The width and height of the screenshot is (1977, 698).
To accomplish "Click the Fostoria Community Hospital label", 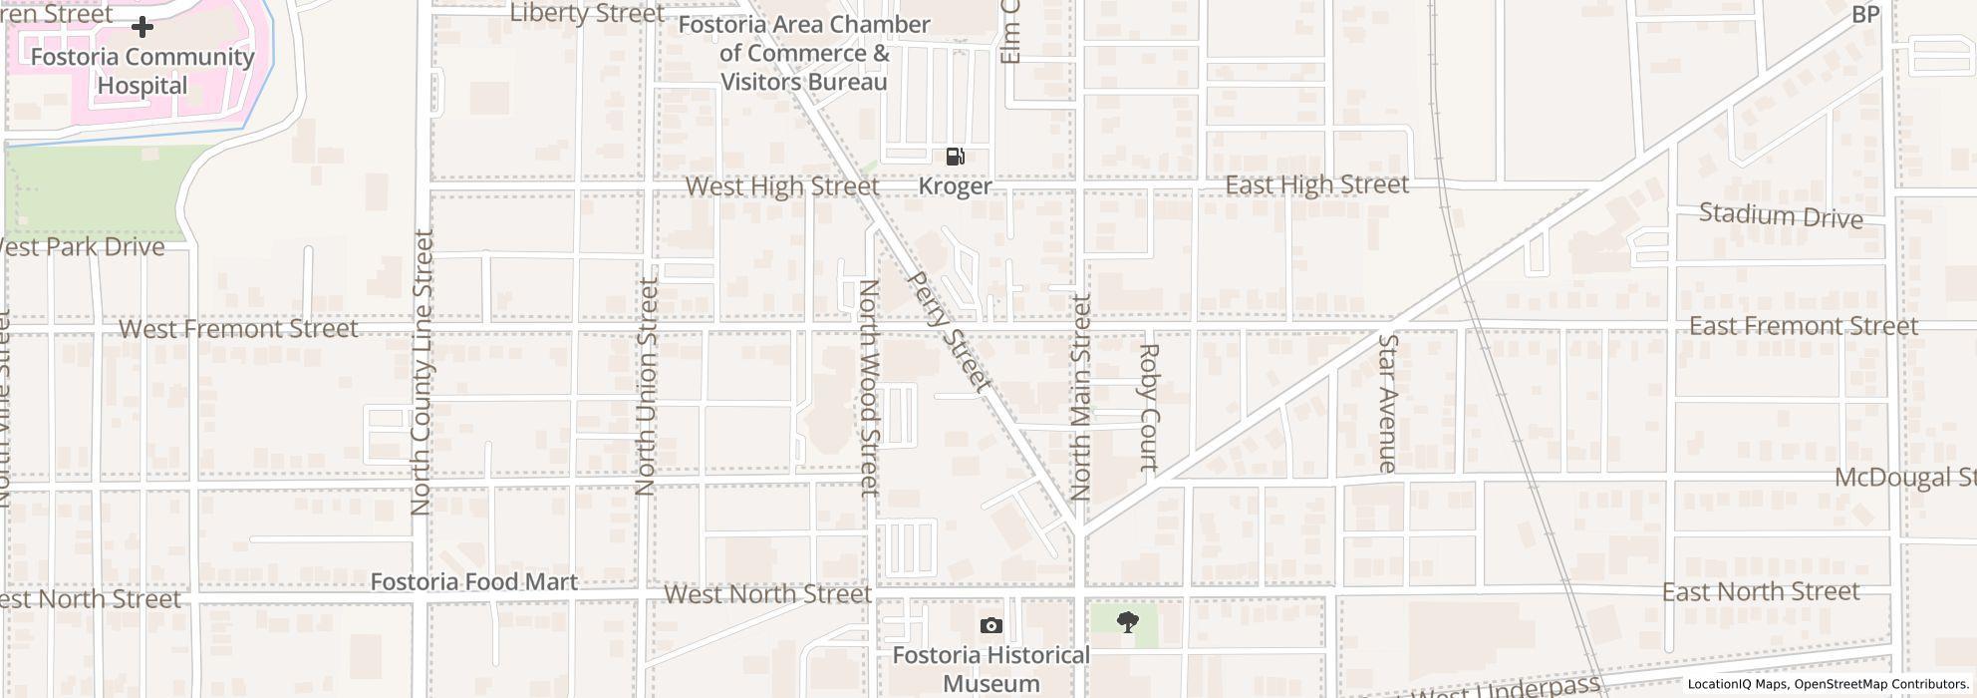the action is pyautogui.click(x=142, y=71).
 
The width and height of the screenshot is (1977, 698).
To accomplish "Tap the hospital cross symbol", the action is pyautogui.click(x=142, y=27).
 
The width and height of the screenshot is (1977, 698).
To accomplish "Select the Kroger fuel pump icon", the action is pyautogui.click(x=955, y=156).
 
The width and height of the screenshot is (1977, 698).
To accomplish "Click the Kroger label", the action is pyautogui.click(x=955, y=186).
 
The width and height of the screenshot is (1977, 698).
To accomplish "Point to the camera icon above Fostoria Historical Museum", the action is pyautogui.click(x=990, y=625).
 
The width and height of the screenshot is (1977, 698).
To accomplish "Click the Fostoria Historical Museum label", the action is pyautogui.click(x=990, y=669).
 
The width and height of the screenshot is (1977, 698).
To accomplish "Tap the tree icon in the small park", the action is pyautogui.click(x=1128, y=623).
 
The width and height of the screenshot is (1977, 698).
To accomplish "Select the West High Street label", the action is pyautogui.click(x=782, y=186).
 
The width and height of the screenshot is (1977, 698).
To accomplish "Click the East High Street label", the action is pyautogui.click(x=1316, y=184).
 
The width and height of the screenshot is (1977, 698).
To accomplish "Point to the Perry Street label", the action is pyautogui.click(x=951, y=331).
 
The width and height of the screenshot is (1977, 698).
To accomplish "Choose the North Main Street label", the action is pyautogui.click(x=1081, y=397).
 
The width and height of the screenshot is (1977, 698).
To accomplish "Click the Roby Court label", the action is pyautogui.click(x=1149, y=407).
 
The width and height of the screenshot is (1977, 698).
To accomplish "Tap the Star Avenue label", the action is pyautogui.click(x=1387, y=403).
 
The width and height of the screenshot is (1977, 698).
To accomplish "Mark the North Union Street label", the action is pyautogui.click(x=647, y=387).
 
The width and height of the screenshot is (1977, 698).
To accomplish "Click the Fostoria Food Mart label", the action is pyautogui.click(x=473, y=581).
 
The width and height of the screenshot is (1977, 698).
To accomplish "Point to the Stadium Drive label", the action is pyautogui.click(x=1780, y=215).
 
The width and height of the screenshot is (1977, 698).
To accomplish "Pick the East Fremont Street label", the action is pyautogui.click(x=1803, y=326).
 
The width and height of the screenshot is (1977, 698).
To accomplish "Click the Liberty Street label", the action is pyautogui.click(x=586, y=13).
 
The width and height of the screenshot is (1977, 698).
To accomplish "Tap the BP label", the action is pyautogui.click(x=1864, y=15).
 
